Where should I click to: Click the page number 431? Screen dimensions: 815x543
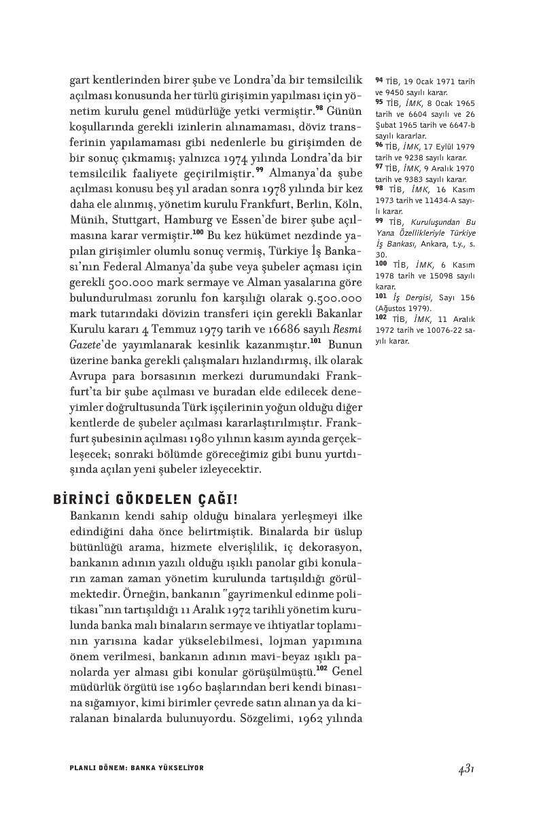click(466, 768)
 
